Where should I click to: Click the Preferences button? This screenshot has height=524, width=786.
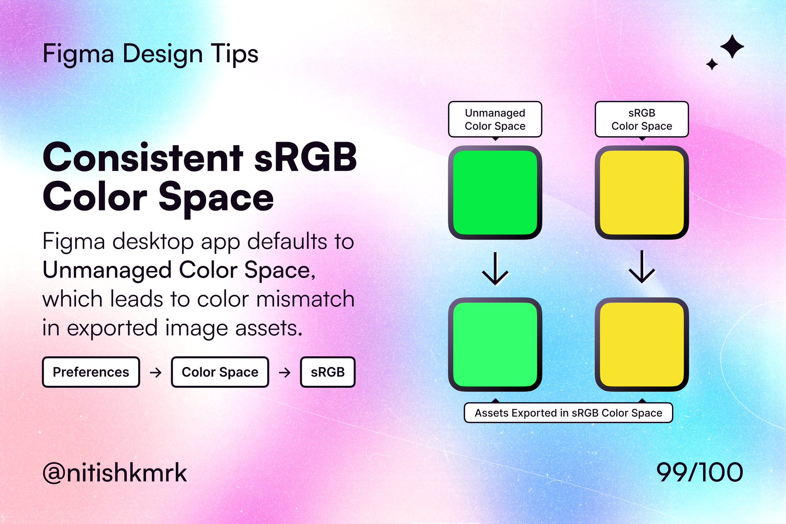[91, 372]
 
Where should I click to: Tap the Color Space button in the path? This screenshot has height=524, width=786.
[220, 372]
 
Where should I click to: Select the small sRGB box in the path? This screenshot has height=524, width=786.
[328, 372]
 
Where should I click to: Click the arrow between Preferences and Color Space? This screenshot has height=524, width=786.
[155, 372]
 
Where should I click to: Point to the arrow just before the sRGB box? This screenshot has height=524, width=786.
[284, 372]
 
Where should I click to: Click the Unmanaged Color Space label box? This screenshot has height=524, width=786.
[495, 119]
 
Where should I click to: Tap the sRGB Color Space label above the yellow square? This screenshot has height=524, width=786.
[642, 119]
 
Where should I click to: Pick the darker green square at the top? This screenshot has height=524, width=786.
[495, 192]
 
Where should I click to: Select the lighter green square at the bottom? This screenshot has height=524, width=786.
[495, 344]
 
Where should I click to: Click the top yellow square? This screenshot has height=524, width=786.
[642, 192]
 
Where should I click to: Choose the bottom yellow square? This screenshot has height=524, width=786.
[642, 344]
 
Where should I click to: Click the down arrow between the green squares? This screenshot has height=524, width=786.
[495, 268]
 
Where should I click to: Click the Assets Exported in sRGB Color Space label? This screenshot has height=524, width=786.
[568, 413]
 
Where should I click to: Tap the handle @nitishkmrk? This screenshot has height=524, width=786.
[115, 473]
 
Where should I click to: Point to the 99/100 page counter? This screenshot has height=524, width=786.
[700, 472]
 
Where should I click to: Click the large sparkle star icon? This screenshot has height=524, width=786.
[732, 46]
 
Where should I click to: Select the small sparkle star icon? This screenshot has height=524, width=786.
[712, 64]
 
